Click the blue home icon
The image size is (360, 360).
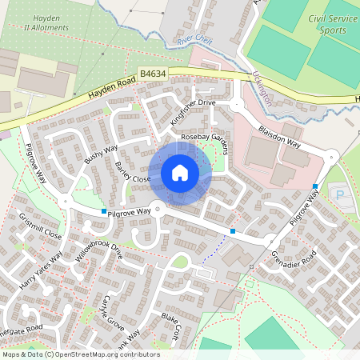pos(180,173)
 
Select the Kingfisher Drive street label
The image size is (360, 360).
pos(193,112)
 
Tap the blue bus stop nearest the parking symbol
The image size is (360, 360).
pos(316,186)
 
